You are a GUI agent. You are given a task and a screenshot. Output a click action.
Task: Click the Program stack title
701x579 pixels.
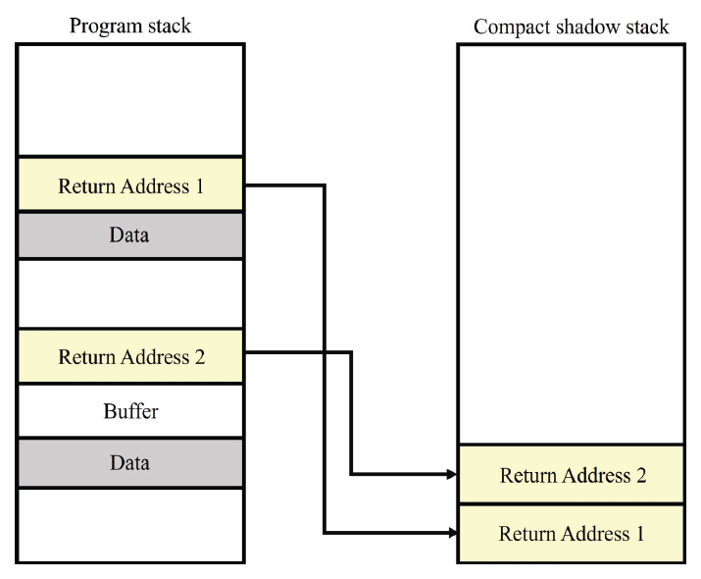point(130,26)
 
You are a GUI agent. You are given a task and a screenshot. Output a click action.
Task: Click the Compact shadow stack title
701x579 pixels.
point(571,26)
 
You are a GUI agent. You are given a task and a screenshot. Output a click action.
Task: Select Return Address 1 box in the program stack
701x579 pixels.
point(130,184)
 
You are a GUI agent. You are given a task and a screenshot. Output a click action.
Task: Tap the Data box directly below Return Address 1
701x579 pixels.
point(130,236)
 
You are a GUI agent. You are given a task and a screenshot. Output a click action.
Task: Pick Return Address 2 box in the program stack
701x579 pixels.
point(130,356)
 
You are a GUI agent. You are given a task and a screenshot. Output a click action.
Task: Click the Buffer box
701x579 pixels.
point(130,411)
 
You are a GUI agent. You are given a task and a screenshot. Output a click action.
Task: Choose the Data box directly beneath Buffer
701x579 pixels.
point(130,462)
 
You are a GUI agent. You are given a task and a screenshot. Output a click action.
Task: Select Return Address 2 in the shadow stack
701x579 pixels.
point(572,476)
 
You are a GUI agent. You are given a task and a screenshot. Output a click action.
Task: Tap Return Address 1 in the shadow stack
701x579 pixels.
point(572,534)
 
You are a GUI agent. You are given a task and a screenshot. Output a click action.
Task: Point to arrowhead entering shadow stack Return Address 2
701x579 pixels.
point(452,475)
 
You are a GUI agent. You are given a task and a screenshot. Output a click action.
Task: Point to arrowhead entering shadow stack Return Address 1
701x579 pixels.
point(452,534)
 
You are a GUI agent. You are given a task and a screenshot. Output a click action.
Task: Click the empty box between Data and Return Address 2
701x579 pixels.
point(130,293)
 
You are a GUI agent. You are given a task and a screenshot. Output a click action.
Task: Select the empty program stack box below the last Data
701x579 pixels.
point(130,524)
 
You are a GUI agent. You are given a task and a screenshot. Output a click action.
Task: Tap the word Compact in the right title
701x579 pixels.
point(507,26)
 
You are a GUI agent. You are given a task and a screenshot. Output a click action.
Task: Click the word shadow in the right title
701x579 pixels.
point(579,26)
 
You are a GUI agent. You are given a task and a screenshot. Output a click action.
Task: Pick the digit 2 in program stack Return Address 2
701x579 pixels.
point(199,357)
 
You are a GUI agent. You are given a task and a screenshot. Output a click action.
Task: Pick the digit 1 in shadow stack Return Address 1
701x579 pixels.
point(639,535)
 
